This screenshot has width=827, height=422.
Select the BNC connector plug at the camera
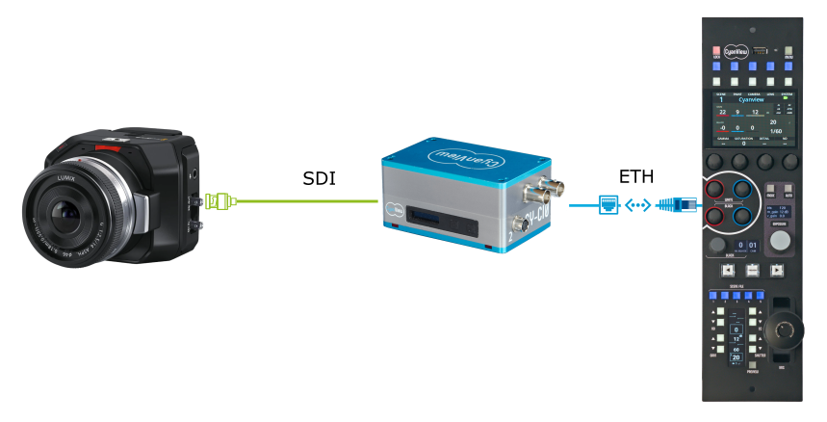coord(219,202)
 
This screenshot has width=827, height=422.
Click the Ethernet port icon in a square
coord(609,204)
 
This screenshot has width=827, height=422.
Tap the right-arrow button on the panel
coord(778,272)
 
